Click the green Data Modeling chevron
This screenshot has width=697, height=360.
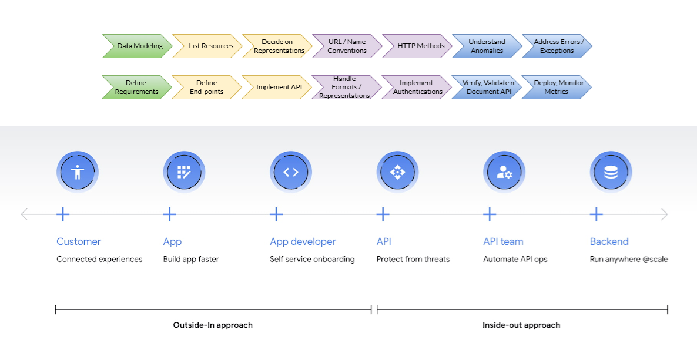click(x=138, y=46)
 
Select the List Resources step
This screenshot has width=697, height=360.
click(x=209, y=46)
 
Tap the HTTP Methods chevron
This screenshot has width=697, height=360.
click(x=419, y=46)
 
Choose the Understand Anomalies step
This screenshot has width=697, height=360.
click(x=487, y=46)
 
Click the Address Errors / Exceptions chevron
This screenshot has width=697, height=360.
click(x=557, y=46)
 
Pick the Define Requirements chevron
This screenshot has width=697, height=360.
click(x=136, y=87)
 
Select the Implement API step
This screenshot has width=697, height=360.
click(x=279, y=87)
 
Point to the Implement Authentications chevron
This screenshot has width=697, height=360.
click(x=417, y=87)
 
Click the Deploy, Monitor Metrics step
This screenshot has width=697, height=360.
click(x=557, y=87)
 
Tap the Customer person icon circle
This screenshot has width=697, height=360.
click(x=77, y=172)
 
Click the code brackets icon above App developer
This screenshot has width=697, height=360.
click(x=291, y=172)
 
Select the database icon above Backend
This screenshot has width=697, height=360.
click(x=611, y=172)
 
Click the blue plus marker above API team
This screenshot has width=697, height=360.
click(x=490, y=214)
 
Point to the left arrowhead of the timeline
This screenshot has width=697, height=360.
click(x=25, y=214)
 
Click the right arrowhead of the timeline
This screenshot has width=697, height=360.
click(x=664, y=214)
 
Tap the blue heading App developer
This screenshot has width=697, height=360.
click(x=303, y=241)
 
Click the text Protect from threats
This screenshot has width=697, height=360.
click(x=413, y=259)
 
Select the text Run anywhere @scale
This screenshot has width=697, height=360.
click(x=628, y=259)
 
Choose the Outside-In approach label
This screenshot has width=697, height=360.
click(x=213, y=325)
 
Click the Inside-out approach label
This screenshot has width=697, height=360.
click(x=521, y=325)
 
